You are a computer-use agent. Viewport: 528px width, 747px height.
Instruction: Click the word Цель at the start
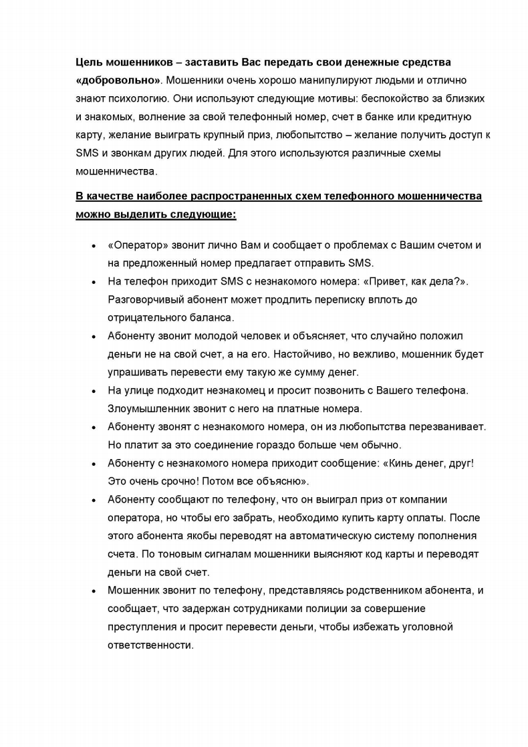tap(88, 62)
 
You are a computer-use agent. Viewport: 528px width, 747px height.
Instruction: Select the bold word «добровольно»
tap(118, 80)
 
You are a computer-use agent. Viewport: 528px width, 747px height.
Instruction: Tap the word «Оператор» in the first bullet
tap(136, 245)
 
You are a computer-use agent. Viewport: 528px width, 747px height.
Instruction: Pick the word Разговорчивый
tap(147, 299)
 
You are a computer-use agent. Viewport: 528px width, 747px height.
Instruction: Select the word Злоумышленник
tap(148, 408)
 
